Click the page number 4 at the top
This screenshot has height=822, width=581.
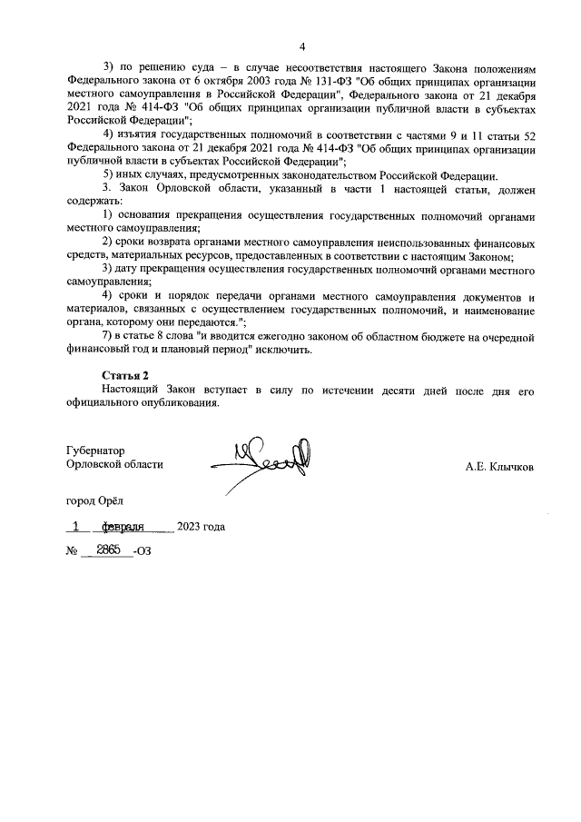point(302,46)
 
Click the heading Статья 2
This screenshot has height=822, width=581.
point(124,374)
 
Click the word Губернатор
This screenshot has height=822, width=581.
point(95,450)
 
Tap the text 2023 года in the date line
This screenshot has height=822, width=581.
point(201,527)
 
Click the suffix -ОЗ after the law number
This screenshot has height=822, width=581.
point(143,551)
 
